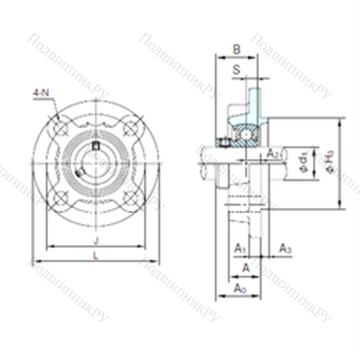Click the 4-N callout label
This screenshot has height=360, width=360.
(x=40, y=92)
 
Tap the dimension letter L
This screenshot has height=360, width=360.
(x=96, y=256)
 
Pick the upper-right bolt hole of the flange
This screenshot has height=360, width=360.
(x=130, y=128)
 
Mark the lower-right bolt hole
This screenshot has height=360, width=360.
(x=130, y=197)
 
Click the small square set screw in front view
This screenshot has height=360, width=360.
(x=96, y=148)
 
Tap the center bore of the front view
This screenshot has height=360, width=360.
(x=96, y=163)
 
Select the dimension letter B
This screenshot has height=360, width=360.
(x=237, y=50)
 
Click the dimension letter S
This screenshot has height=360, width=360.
(x=237, y=69)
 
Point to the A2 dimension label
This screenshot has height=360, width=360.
(x=274, y=153)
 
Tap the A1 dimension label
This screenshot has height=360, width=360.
(x=240, y=248)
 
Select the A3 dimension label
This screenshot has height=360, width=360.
(x=285, y=248)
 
